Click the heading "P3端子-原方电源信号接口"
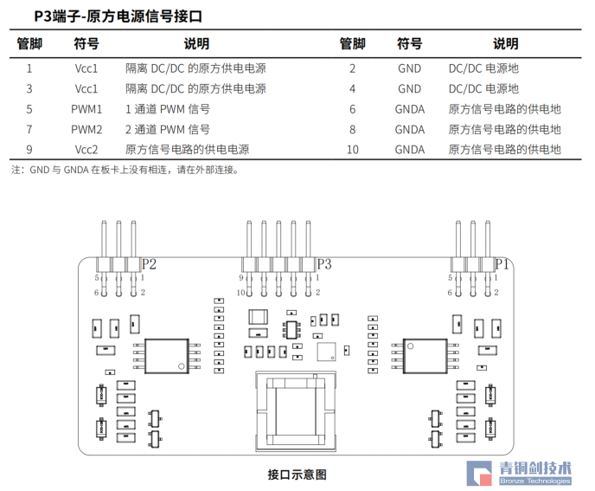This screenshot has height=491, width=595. pyautogui.click(x=120, y=16)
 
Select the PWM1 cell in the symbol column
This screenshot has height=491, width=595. pyautogui.click(x=86, y=109)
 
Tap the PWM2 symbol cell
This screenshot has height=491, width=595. pyautogui.click(x=86, y=129)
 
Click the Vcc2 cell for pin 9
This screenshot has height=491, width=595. pyautogui.click(x=86, y=149)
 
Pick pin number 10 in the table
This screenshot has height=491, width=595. pyautogui.click(x=352, y=149)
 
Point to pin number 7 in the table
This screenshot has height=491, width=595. pyautogui.click(x=29, y=129)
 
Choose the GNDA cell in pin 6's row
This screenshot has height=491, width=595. pyautogui.click(x=409, y=109)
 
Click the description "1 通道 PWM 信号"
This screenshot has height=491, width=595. pyautogui.click(x=168, y=109)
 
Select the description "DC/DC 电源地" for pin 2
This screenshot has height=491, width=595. pyautogui.click(x=483, y=68)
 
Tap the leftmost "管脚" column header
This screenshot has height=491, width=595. pyautogui.click(x=29, y=44)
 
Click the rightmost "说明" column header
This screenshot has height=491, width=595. pyautogui.click(x=505, y=44)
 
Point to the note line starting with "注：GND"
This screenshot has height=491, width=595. pyautogui.click(x=125, y=170)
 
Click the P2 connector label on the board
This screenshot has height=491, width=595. pyautogui.click(x=149, y=264)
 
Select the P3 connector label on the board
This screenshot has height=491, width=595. pyautogui.click(x=323, y=264)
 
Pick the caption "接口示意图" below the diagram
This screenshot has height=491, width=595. pyautogui.click(x=297, y=475)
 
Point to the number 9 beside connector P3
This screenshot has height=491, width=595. pyautogui.click(x=241, y=277)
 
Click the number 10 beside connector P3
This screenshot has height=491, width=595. pyautogui.click(x=240, y=293)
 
